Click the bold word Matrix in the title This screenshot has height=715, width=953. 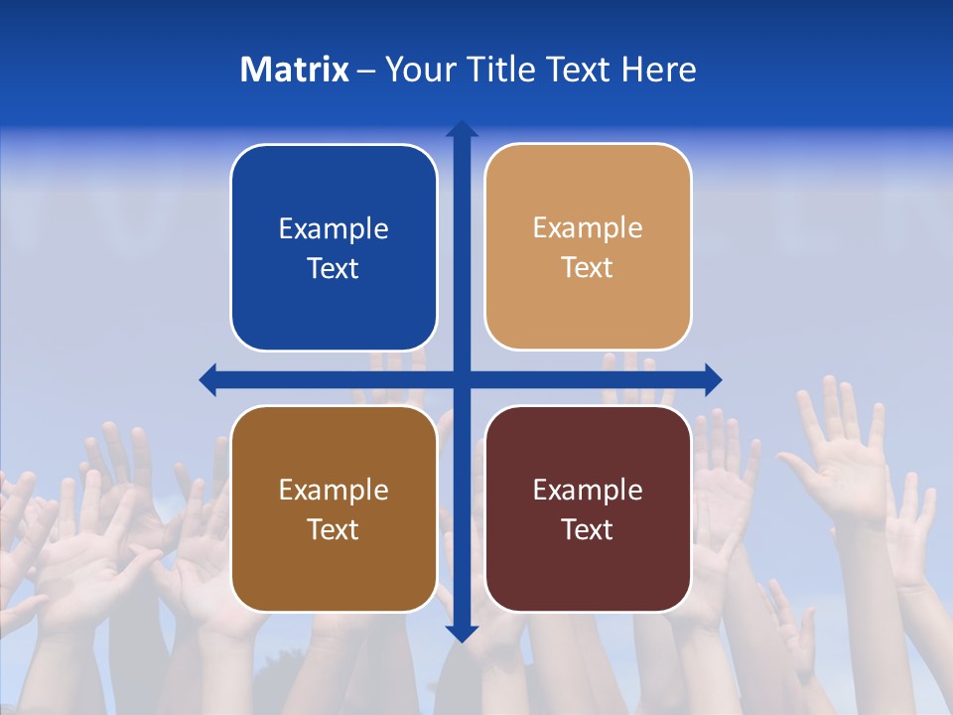pyautogui.click(x=294, y=70)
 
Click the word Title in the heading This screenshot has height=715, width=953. pyautogui.click(x=499, y=70)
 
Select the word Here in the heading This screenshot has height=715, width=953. pyautogui.click(x=659, y=70)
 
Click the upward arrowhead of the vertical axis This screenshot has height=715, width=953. pyautogui.click(x=462, y=129)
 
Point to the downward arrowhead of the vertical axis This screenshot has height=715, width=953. pyautogui.click(x=462, y=633)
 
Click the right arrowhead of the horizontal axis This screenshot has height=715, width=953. pyautogui.click(x=713, y=379)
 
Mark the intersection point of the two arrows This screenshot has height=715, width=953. pyautogui.click(x=462, y=379)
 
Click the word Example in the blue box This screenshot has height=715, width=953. pyautogui.click(x=334, y=229)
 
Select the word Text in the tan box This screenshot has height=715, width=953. pyautogui.click(x=588, y=268)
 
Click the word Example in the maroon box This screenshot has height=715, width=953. pyautogui.click(x=588, y=490)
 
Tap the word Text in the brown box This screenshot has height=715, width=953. pyautogui.click(x=334, y=530)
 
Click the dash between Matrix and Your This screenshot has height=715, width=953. pyautogui.click(x=366, y=71)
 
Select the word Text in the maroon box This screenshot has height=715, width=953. pyautogui.click(x=588, y=530)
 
